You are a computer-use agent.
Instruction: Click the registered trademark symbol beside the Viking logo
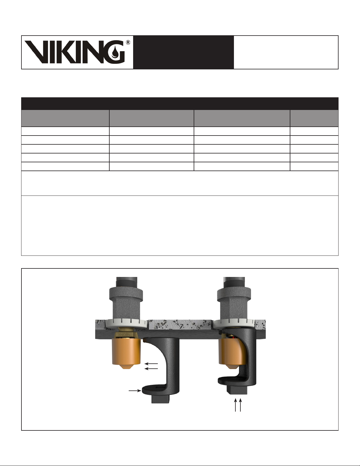click(x=128, y=42)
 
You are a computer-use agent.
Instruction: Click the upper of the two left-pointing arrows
click(x=151, y=363)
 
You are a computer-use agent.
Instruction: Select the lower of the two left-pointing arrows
click(x=151, y=369)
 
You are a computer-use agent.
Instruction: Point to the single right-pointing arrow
click(x=135, y=391)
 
